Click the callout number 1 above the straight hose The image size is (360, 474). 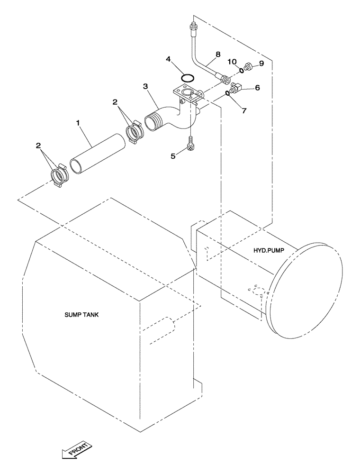(78, 123)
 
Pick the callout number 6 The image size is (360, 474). (257, 87)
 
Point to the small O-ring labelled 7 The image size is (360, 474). (228, 93)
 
